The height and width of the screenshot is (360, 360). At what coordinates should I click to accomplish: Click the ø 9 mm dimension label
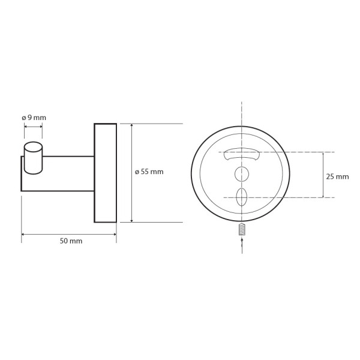point(34,118)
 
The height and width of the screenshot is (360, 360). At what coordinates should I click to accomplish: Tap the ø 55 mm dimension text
point(149,172)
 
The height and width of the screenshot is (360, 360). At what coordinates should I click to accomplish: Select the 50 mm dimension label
point(71,241)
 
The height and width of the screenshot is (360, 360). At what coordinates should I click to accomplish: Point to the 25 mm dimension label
point(337,176)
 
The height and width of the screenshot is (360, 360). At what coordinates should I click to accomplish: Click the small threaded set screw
point(242,229)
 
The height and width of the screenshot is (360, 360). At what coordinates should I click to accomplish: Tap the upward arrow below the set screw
point(242,245)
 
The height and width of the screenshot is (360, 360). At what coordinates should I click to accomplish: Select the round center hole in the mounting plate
point(242,174)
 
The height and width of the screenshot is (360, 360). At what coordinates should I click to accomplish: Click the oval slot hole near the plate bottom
point(242,197)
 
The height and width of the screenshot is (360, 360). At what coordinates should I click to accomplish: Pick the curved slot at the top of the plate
point(242,154)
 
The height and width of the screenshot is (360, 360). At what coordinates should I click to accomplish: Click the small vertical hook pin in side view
point(33,158)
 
